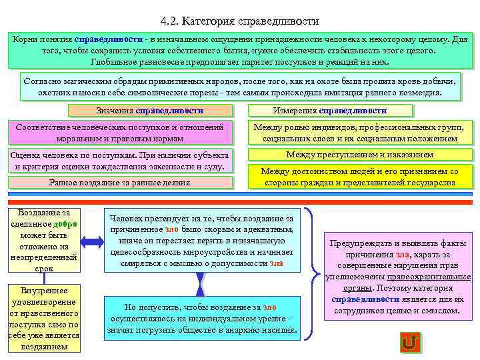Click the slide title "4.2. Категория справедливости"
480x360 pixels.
(x=240, y=21)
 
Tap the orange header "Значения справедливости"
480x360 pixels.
(x=150, y=111)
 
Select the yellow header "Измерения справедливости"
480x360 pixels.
(x=329, y=111)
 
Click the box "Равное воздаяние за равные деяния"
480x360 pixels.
(x=120, y=182)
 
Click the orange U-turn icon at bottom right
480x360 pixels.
(x=409, y=343)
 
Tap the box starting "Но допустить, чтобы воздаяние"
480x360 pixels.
(x=201, y=318)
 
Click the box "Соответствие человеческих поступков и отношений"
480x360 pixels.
(x=120, y=132)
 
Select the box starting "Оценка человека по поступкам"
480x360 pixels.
(x=120, y=161)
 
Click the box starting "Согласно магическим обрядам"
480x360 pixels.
(x=240, y=86)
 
